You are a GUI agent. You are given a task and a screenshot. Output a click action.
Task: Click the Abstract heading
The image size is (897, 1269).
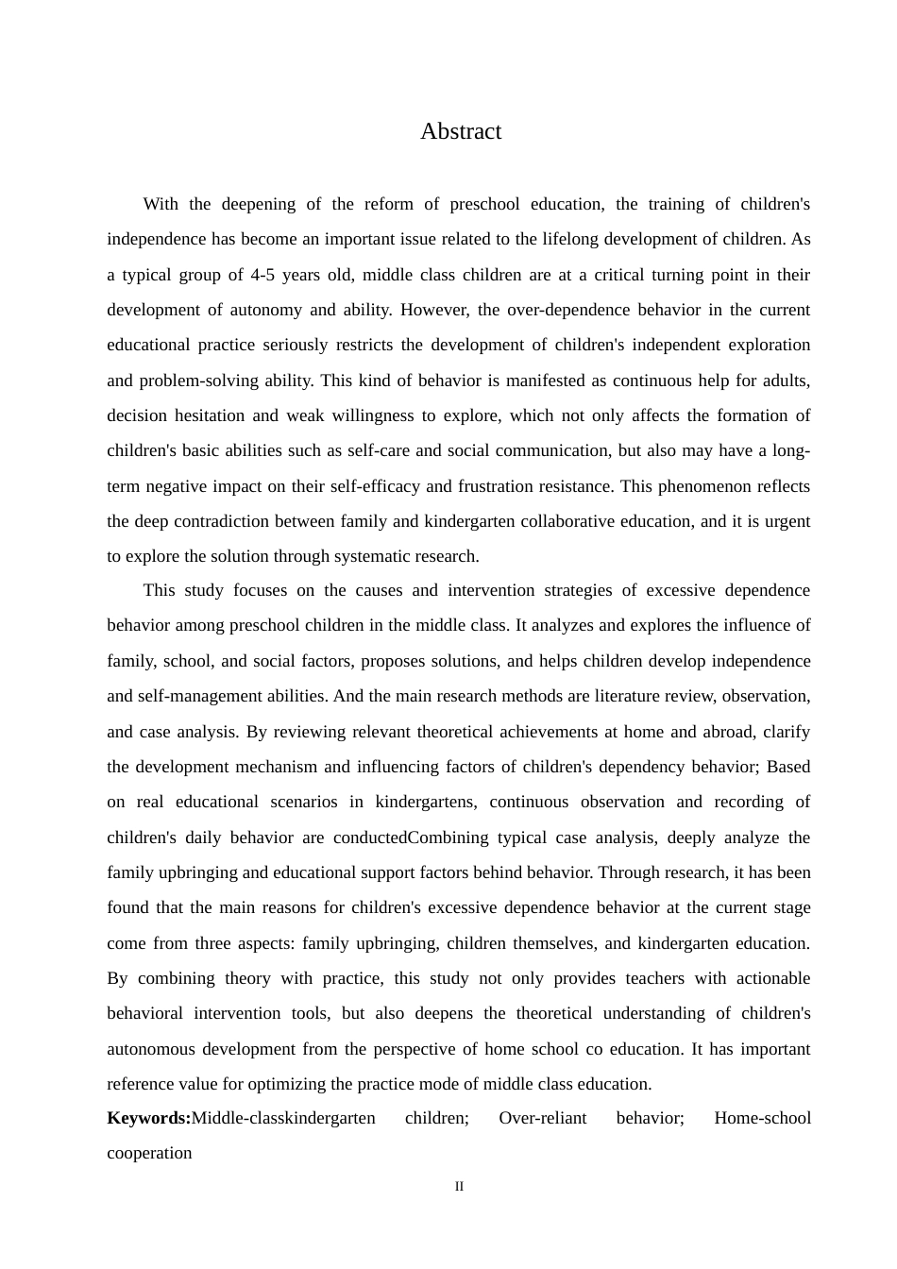click(461, 131)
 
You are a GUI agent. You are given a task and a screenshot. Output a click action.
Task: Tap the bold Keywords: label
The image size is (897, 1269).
click(149, 1118)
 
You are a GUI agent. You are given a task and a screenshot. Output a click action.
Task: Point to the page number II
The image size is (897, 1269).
click(460, 1187)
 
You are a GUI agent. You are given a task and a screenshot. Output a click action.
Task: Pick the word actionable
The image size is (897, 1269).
click(770, 978)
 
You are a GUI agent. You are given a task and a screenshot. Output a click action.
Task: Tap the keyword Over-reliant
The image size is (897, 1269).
click(543, 1118)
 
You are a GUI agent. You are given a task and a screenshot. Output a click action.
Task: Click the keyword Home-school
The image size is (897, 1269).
click(762, 1118)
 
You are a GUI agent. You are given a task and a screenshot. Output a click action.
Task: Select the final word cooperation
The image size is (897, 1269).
click(149, 1153)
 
